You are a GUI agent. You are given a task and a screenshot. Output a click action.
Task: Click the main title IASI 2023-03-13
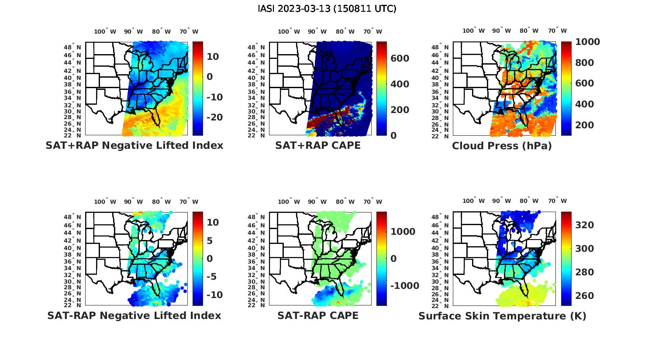327,9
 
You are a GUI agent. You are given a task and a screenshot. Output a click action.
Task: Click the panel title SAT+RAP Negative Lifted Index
134,146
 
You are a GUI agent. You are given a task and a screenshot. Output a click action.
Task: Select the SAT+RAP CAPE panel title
318,146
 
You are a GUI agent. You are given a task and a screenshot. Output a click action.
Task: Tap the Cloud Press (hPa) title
502,146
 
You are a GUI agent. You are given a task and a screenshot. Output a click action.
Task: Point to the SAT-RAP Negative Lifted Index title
134,315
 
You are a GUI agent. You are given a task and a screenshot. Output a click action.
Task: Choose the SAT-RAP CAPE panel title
318,315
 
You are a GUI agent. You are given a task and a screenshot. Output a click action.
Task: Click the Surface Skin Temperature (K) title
502,316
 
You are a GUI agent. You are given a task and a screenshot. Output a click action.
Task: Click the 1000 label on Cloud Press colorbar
587,42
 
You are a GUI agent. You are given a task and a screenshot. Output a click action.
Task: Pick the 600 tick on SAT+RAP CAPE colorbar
400,59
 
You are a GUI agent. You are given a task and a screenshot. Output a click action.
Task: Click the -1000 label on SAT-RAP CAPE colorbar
404,286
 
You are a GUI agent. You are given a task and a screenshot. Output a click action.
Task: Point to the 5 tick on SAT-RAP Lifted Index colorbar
210,241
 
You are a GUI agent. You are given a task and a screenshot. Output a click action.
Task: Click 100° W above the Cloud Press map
473,31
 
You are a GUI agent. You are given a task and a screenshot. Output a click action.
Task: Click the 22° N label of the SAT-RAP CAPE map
256,305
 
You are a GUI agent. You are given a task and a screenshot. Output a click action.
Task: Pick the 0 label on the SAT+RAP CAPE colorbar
393,135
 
